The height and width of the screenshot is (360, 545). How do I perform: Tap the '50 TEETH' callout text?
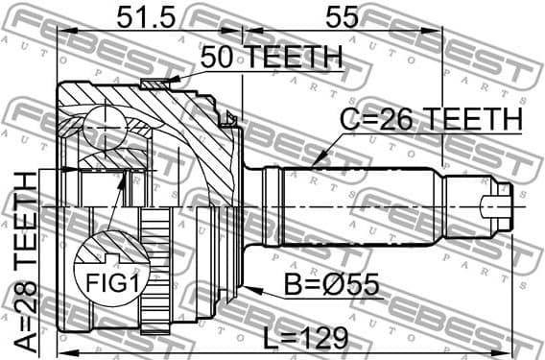click(272, 58)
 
